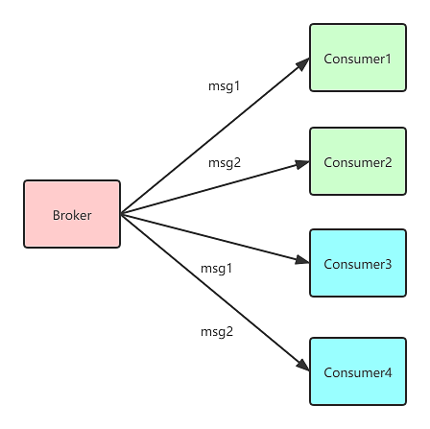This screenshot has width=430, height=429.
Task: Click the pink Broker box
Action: (x=72, y=214)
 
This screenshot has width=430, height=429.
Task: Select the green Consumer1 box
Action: (x=358, y=58)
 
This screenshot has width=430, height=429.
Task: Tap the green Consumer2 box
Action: (x=358, y=161)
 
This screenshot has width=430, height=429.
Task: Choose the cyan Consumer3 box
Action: (x=358, y=263)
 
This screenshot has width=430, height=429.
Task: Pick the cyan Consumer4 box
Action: (x=358, y=371)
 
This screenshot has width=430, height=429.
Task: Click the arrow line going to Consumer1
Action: (x=215, y=136)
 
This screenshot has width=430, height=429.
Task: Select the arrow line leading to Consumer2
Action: (x=215, y=187)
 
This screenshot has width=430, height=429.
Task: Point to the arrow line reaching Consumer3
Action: (x=215, y=239)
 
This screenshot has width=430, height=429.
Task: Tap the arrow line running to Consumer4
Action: (x=215, y=293)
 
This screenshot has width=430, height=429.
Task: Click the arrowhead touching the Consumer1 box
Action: (x=303, y=63)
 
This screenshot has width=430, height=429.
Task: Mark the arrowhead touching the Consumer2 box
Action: (x=302, y=164)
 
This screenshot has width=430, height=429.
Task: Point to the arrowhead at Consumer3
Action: (x=302, y=260)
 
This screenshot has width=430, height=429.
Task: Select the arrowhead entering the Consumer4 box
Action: (x=303, y=366)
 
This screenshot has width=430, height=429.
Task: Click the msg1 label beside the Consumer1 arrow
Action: (x=224, y=86)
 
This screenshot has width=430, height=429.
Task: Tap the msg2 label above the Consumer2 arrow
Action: (x=225, y=163)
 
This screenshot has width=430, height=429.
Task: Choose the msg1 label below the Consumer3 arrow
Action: (x=216, y=269)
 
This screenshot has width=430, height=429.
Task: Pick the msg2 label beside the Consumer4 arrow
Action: (x=217, y=332)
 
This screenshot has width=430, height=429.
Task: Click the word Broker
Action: (x=72, y=215)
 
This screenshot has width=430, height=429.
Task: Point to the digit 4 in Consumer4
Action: (x=388, y=373)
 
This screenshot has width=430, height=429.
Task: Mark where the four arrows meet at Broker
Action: (x=121, y=214)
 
